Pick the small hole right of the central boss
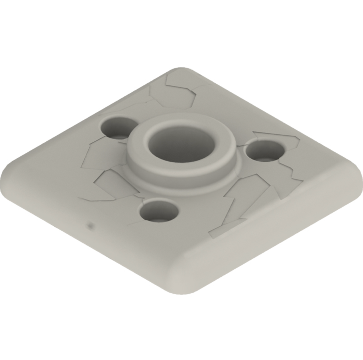[265, 151]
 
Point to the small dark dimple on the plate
[91, 225]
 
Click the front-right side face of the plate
[269, 241]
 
